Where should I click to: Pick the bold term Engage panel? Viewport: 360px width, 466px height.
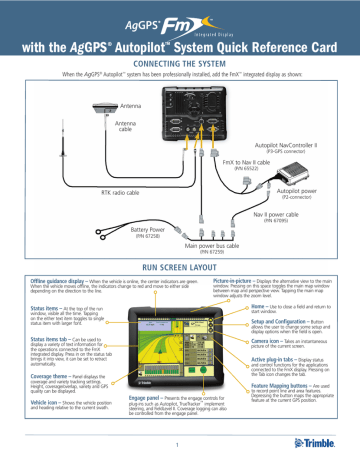151,399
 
